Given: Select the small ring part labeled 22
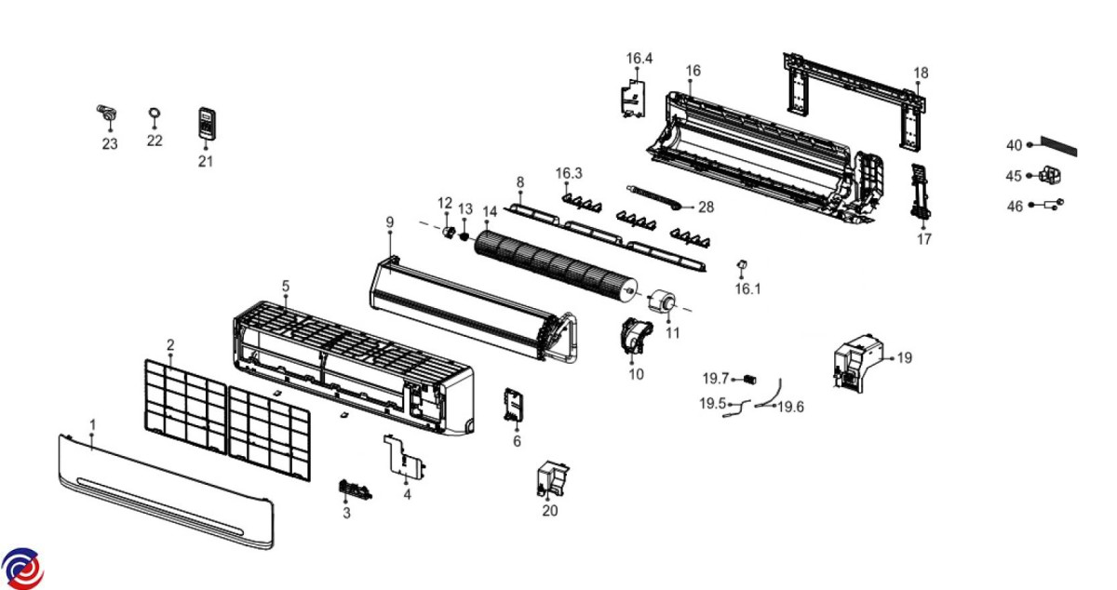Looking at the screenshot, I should (x=155, y=114).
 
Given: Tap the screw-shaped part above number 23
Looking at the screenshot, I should (x=109, y=114).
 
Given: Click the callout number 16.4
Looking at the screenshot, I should (x=639, y=59).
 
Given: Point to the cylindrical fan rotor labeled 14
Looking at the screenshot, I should (x=554, y=265).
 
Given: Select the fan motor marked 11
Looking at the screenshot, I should (x=664, y=303).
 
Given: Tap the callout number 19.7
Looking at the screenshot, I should (x=716, y=379).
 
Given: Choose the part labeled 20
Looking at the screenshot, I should (x=553, y=478).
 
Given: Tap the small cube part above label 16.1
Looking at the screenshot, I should (x=743, y=268).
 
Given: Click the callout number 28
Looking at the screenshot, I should (x=706, y=208).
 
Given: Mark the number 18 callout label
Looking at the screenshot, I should (x=920, y=73).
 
